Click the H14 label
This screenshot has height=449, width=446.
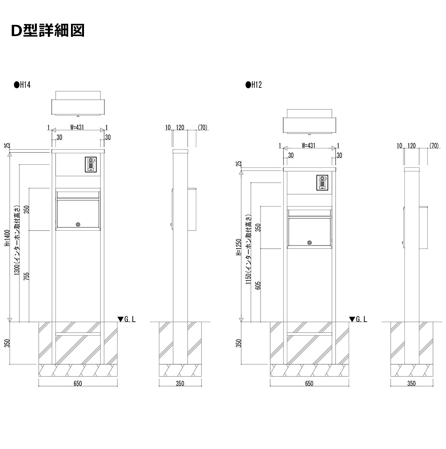22,85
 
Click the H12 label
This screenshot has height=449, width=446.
254,85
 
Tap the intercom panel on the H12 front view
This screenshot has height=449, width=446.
322,183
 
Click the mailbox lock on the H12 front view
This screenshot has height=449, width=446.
310,243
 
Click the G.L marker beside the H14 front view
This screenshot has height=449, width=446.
127,319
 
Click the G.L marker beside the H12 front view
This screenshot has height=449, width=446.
358,319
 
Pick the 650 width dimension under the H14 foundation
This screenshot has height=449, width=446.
77,383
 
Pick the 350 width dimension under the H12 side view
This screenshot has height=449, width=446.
411,383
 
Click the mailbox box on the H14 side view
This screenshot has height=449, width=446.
193,209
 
